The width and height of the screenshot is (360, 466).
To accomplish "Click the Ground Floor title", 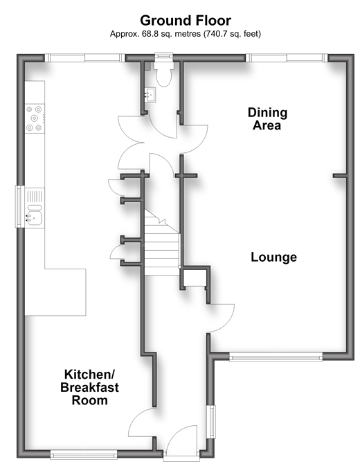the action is (186, 21).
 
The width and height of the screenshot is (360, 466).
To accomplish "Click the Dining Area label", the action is (267, 119).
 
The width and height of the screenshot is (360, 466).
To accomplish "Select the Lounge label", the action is (273, 257).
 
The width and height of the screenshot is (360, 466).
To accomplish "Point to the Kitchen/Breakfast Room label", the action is (89, 387).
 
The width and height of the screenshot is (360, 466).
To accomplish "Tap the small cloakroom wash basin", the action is (150, 95).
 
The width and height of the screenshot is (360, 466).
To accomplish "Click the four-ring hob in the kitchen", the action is (35, 118).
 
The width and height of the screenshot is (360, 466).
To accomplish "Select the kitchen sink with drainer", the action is (35, 208).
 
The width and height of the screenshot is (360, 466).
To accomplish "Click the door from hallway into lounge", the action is (222, 318).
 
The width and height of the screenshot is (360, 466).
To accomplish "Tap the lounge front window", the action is (276, 357).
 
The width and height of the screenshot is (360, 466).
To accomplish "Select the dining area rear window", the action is (287, 57).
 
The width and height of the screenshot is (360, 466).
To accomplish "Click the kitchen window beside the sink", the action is (20, 206).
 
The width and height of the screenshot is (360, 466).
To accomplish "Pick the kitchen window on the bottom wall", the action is (84, 454).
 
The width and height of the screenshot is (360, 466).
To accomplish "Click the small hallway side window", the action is (212, 422).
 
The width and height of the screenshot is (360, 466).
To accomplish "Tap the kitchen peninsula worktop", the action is (55, 292).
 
